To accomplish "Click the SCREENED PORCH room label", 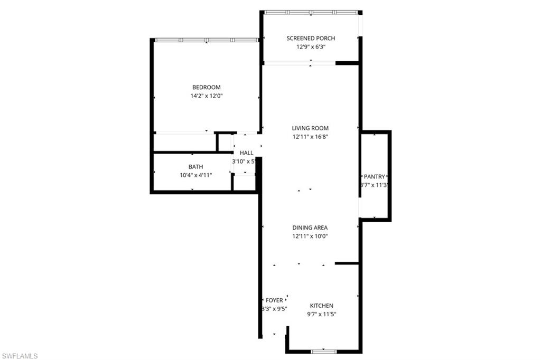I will (x=311, y=38).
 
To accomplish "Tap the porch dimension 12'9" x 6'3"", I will (x=311, y=46).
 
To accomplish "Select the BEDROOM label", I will (x=206, y=87).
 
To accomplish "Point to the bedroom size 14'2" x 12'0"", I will (x=206, y=96).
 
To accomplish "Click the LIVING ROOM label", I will (x=310, y=128).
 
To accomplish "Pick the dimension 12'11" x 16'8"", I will (x=310, y=137).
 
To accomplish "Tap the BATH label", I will (x=195, y=167).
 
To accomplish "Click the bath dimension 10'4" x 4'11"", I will (x=195, y=175).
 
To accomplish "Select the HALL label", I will (x=246, y=153).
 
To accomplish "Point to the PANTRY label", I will (x=375, y=176).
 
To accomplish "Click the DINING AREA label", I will (x=310, y=228).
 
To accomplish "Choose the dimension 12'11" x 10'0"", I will (x=310, y=236).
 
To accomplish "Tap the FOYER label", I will (x=274, y=300).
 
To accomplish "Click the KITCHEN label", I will (x=321, y=306).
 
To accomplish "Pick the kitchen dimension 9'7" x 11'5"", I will (x=321, y=314).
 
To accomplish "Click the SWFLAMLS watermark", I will (x=20, y=356).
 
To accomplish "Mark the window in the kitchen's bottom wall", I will (x=324, y=351).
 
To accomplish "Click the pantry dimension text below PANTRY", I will (x=375, y=185).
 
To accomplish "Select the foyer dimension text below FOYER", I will (x=274, y=309).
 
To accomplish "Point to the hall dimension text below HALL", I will (x=244, y=161).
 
